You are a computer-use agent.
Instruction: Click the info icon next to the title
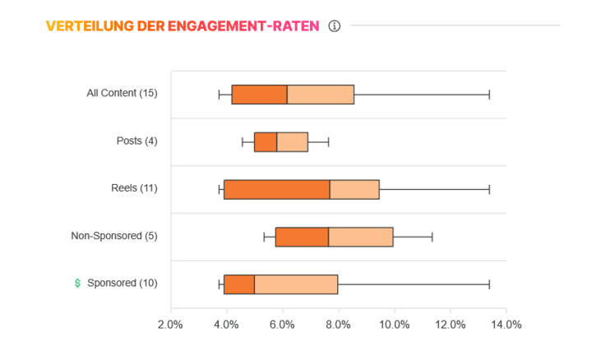coord(334,25)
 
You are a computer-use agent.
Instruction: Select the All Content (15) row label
coord(122,93)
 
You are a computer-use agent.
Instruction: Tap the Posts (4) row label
coord(136,141)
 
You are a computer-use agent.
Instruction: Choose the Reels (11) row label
coord(134,188)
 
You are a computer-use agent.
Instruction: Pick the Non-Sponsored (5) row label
coord(114,236)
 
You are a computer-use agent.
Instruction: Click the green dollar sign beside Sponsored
coord(77,283)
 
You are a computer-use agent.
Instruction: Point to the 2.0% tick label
coord(170,324)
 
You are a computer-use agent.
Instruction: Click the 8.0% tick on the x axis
coord(338,324)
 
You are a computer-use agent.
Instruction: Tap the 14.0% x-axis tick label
coord(506,324)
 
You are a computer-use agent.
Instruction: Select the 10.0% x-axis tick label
coord(394,324)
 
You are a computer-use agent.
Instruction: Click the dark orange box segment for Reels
coord(276,189)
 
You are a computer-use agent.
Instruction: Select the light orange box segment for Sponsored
coord(296,284)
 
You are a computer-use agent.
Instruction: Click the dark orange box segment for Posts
coord(265,141)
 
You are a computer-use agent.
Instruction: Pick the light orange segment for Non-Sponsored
coord(360,237)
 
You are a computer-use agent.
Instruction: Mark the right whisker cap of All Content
coord(489,94)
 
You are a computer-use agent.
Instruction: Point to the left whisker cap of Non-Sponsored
coord(264,237)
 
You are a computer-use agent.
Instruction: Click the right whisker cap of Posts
coord(329,141)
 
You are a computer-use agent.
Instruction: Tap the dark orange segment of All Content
coord(259,94)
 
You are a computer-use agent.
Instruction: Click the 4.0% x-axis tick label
coord(226,324)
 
